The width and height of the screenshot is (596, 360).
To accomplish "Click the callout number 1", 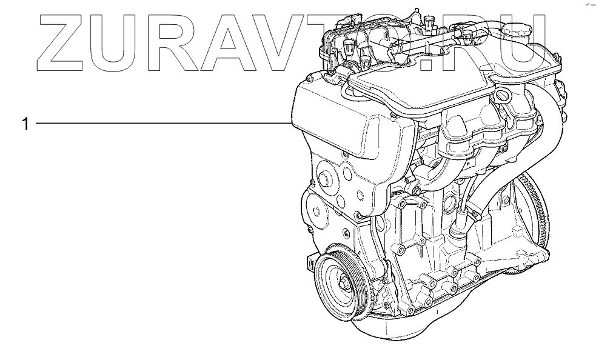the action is (25, 124).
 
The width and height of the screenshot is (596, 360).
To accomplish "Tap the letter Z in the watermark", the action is (62, 42).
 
